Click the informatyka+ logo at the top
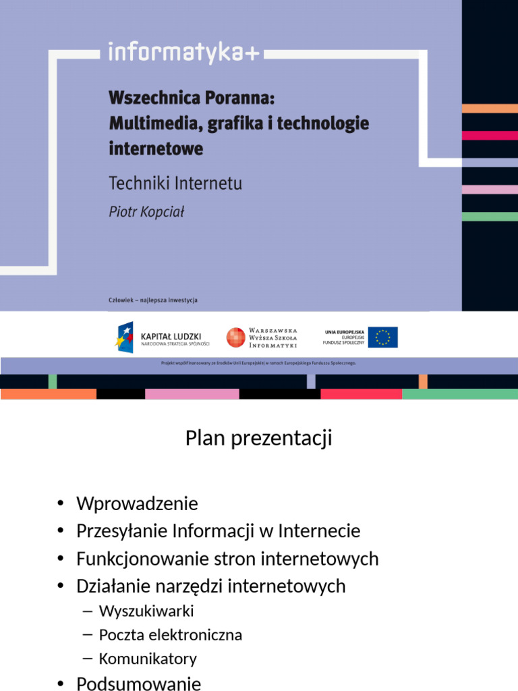coord(184,53)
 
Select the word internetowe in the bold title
coord(156,148)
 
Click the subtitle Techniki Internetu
coord(175,183)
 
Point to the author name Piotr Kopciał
coord(146,211)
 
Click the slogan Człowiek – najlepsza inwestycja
coord(152,300)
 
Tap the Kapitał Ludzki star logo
coord(125,336)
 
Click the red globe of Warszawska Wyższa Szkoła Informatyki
coord(235,337)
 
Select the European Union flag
coord(382,337)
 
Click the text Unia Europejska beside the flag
coord(345,332)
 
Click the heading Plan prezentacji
coord(259,439)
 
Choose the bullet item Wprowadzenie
coord(137,503)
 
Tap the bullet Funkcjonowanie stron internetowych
coord(227,559)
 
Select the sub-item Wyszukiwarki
coord(146,611)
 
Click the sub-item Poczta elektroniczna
coord(171,635)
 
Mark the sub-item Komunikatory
coord(148,659)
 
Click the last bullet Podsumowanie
coord(138,684)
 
